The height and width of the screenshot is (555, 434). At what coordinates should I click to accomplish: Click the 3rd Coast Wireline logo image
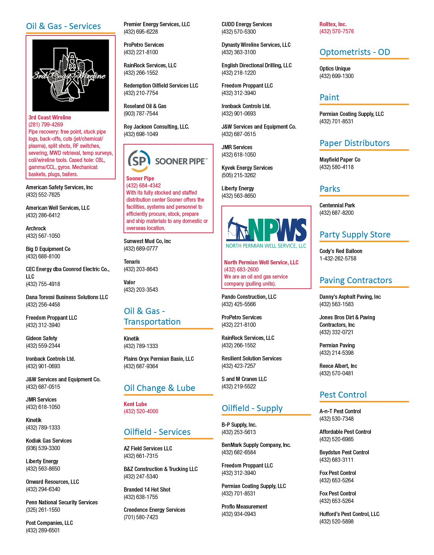click(x=71, y=75)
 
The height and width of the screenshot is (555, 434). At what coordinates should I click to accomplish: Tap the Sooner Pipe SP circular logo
click(x=139, y=161)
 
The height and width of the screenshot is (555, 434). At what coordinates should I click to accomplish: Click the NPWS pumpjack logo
click(x=266, y=233)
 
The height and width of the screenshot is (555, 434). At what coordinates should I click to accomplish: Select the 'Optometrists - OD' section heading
click(x=355, y=52)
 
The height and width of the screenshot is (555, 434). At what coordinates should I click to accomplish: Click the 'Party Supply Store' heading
click(x=355, y=235)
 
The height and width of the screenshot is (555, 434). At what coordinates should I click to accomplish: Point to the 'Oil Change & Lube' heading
click(x=160, y=388)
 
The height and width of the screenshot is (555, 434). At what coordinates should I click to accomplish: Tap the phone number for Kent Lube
click(x=141, y=411)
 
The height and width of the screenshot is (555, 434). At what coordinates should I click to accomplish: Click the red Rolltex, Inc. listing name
click(x=333, y=24)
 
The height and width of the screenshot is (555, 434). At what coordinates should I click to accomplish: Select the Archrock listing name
click(x=36, y=228)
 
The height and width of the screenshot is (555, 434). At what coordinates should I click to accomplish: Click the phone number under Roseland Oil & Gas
click(x=141, y=113)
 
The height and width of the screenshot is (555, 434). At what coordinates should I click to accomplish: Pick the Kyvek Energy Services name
click(x=247, y=168)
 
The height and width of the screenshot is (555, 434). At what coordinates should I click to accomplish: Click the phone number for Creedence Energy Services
click(x=141, y=517)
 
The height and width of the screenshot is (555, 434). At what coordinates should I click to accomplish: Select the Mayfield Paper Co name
click(x=340, y=159)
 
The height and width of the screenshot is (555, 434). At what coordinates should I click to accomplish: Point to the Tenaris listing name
click(x=132, y=262)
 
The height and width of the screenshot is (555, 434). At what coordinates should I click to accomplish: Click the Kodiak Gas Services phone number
click(x=43, y=448)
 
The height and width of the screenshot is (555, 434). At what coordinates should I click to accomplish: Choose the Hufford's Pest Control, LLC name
click(x=349, y=514)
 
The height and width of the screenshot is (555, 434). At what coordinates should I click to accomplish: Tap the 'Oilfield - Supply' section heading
click(x=252, y=408)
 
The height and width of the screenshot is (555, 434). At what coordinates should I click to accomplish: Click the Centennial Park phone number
click(x=336, y=213)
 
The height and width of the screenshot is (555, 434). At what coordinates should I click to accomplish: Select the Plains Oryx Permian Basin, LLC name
click(x=158, y=359)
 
